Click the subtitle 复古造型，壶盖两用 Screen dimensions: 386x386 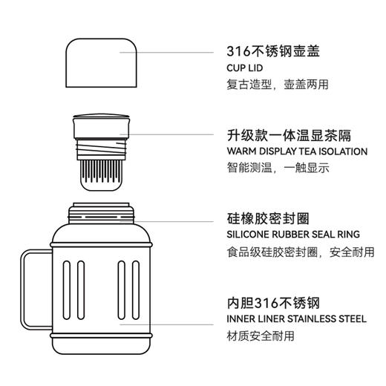[x=278, y=85]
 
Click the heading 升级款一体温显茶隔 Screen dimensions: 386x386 [x=289, y=136]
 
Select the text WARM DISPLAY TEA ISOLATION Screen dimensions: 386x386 [x=297, y=151]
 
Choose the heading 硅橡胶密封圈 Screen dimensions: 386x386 [x=268, y=219]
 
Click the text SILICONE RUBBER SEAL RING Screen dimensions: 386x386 [x=293, y=235]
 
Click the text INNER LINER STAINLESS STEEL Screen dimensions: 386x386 [x=296, y=319]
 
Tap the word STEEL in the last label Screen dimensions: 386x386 [x=353, y=319]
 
